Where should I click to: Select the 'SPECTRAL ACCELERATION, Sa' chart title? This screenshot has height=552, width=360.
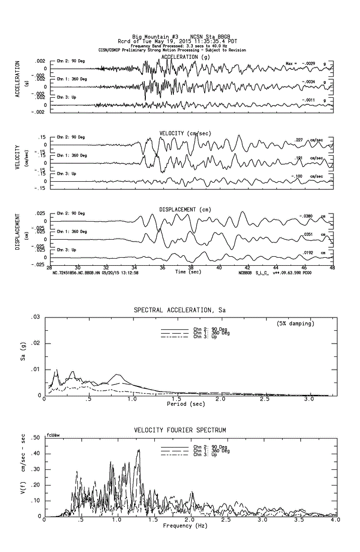[180, 310]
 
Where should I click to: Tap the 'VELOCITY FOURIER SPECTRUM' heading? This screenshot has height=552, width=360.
[180, 430]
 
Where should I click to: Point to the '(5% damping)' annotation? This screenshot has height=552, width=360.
[295, 324]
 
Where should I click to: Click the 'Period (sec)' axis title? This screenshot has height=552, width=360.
[186, 404]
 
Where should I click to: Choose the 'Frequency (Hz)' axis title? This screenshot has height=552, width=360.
[185, 525]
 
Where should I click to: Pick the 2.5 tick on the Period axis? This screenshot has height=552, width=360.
[265, 400]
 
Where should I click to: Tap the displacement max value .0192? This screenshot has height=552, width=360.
[309, 253]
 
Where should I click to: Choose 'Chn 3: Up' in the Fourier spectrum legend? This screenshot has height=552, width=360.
[205, 455]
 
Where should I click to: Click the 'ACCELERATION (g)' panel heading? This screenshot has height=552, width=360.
[185, 57]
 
